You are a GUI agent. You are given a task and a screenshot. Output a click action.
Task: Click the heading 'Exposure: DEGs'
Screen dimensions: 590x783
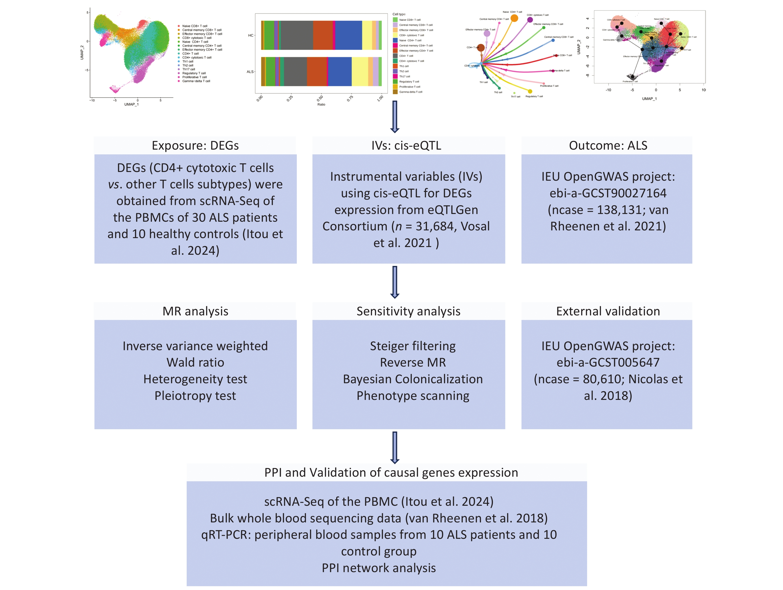pyautogui.click(x=195, y=145)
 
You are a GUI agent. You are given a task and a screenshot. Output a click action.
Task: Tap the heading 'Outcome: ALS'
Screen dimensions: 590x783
pyautogui.click(x=608, y=145)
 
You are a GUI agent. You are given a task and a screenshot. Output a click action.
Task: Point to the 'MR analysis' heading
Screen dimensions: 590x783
pyautogui.click(x=195, y=311)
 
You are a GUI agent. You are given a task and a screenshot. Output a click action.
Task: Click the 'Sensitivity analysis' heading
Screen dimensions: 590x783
pyautogui.click(x=408, y=311)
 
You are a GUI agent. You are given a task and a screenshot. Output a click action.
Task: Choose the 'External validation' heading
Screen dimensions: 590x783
pyautogui.click(x=608, y=311)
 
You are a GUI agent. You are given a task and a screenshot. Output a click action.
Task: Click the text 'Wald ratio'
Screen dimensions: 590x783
pyautogui.click(x=195, y=362)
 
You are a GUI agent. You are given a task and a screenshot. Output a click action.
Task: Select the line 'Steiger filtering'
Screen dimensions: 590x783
pyautogui.click(x=413, y=346)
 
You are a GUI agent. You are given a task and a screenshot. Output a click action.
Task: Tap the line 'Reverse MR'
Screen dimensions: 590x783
pyautogui.click(x=413, y=362)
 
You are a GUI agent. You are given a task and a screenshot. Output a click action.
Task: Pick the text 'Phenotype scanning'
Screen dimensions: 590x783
pyautogui.click(x=413, y=396)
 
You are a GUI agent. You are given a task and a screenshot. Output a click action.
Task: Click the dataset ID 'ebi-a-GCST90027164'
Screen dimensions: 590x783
pyautogui.click(x=608, y=193)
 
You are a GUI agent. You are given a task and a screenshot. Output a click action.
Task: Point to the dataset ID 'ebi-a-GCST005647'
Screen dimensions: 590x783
pyautogui.click(x=608, y=362)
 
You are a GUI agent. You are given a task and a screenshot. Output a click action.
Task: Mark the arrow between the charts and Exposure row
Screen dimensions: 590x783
pyautogui.click(x=395, y=117)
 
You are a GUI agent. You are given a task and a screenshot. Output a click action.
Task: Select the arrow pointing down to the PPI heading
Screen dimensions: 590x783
pyautogui.click(x=395, y=447)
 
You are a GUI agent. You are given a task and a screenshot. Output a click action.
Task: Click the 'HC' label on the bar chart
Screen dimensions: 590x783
pyautogui.click(x=251, y=35)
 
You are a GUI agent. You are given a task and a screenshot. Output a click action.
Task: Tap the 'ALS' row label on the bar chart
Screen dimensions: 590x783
pyautogui.click(x=250, y=72)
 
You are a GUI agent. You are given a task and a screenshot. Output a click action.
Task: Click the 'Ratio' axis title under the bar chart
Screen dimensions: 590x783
pyautogui.click(x=321, y=104)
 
